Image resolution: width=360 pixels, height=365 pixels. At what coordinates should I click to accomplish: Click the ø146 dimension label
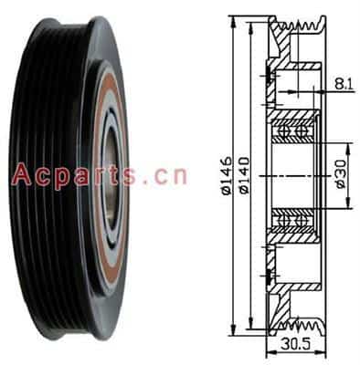227,175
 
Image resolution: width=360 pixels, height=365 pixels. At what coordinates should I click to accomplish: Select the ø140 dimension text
245,175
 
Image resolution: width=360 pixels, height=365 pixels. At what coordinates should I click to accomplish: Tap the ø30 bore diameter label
342,174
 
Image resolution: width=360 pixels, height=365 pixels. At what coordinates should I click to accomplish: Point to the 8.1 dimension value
344,84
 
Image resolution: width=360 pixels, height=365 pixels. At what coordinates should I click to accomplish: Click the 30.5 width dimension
295,344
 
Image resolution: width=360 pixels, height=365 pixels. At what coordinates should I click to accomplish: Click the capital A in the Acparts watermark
22,174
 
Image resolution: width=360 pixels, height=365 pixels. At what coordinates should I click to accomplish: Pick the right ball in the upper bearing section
302,131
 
